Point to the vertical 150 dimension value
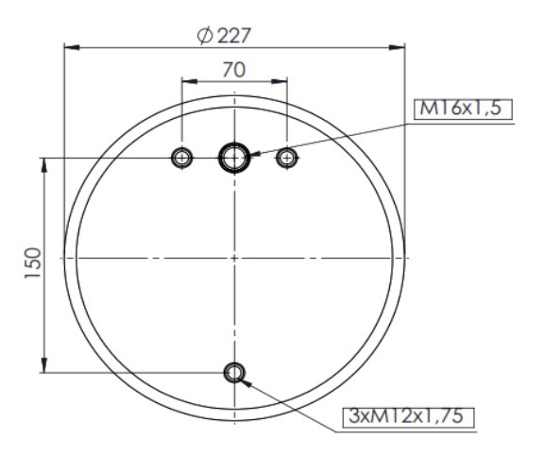[x=31, y=265]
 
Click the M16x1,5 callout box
[x=462, y=110]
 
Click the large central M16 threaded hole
[x=233, y=158]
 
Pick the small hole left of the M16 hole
[x=180, y=158]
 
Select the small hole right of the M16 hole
[x=286, y=158]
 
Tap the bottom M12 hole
[x=233, y=373]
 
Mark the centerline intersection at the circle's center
[x=233, y=257]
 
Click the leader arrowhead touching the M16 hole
[x=251, y=154]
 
